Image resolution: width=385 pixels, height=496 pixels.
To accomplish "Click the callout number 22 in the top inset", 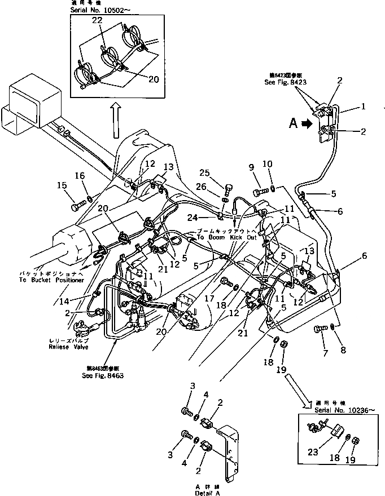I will pyautogui.click(x=98, y=20).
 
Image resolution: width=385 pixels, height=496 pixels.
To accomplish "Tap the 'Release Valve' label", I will pyautogui.click(x=58, y=348).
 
